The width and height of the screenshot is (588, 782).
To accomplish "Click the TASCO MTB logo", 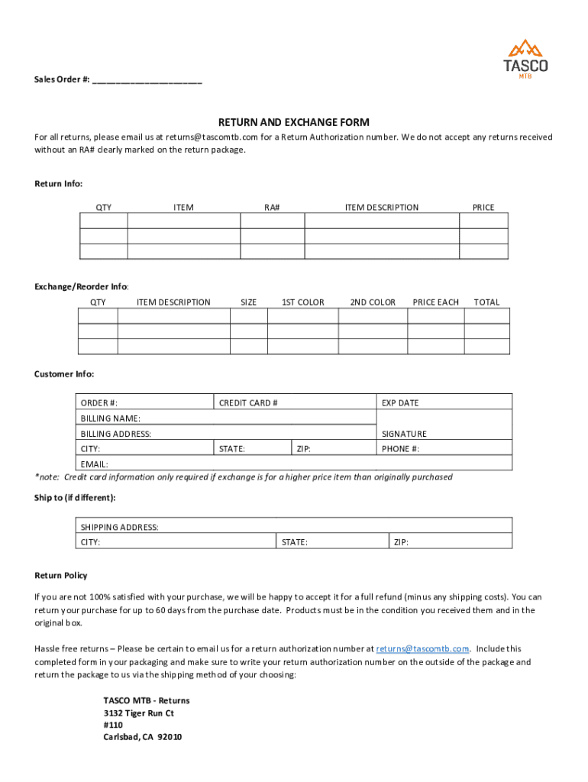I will click(x=525, y=59).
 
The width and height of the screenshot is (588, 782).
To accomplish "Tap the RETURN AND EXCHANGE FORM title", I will click(x=294, y=122).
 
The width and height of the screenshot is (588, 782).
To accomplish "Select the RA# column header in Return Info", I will click(x=273, y=208).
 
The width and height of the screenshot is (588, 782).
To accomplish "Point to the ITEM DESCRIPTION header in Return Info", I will click(x=382, y=208).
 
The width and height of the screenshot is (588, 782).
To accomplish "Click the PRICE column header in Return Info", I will click(x=483, y=208).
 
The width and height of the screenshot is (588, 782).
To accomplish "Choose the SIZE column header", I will click(x=248, y=302).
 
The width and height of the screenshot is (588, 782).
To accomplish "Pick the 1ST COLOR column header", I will click(x=302, y=302).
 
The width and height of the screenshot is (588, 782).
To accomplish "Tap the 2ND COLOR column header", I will click(x=373, y=302).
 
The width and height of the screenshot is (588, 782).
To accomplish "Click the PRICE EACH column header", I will click(x=435, y=302).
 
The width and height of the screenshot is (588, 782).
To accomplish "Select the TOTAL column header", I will click(x=486, y=302).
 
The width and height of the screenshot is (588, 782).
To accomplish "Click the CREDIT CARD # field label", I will click(x=248, y=403).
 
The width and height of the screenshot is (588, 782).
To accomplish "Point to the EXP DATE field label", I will click(x=400, y=403).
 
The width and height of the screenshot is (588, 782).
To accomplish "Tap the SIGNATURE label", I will click(x=404, y=434).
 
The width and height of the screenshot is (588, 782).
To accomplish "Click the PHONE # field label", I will click(x=400, y=449).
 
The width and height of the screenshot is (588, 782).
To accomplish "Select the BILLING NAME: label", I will click(x=111, y=418).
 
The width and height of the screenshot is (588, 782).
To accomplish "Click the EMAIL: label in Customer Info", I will click(x=95, y=464).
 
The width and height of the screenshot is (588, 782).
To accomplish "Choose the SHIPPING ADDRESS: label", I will click(x=120, y=528).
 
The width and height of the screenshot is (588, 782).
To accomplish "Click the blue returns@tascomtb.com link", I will click(x=422, y=649).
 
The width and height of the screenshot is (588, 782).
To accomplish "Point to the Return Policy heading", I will click(x=61, y=576).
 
